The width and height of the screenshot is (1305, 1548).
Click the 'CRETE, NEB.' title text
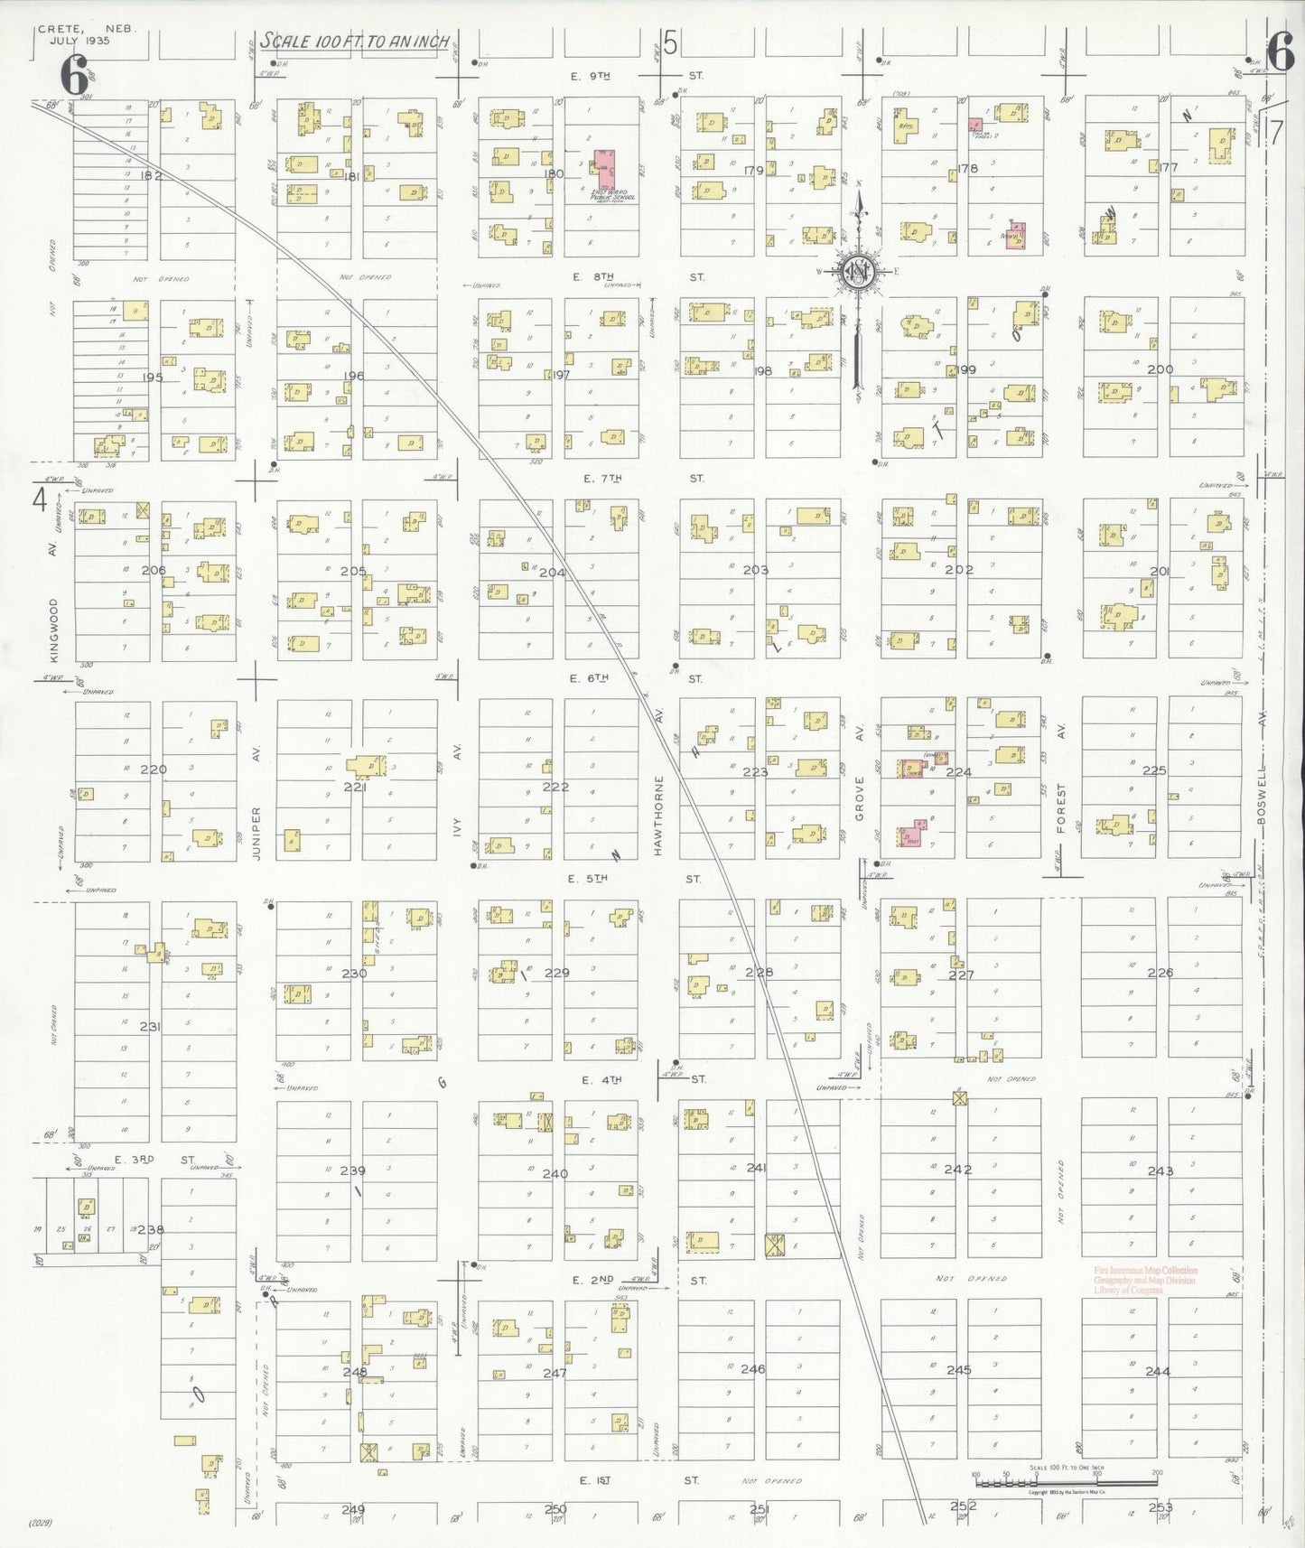[x=87, y=29]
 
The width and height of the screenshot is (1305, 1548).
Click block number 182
[x=151, y=176]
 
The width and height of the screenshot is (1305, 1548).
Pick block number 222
[x=555, y=787]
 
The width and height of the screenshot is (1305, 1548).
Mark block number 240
[x=555, y=1173]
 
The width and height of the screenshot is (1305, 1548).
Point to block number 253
[x=1160, y=1506]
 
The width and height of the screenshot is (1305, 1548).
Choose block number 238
[x=151, y=1229]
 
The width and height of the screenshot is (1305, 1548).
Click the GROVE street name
[x=860, y=800]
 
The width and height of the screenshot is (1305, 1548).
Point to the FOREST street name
[x=1061, y=808]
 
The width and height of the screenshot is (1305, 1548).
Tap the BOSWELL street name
[x=1263, y=795]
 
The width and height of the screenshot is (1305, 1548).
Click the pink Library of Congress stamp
[x=1145, y=1280]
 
